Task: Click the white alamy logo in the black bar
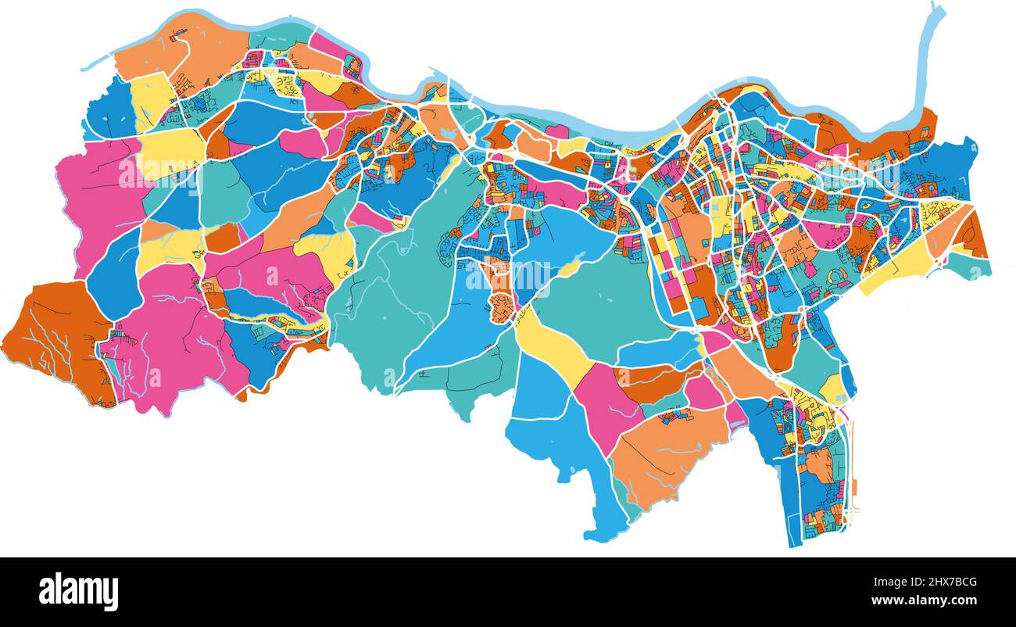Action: tap(78, 591)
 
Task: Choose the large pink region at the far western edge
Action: tap(94, 203)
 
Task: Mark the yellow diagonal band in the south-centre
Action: tap(551, 348)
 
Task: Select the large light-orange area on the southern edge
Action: tap(664, 453)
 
